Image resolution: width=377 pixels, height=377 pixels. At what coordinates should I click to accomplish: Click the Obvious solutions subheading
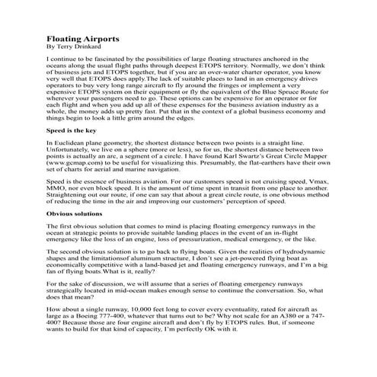(x=77, y=235)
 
